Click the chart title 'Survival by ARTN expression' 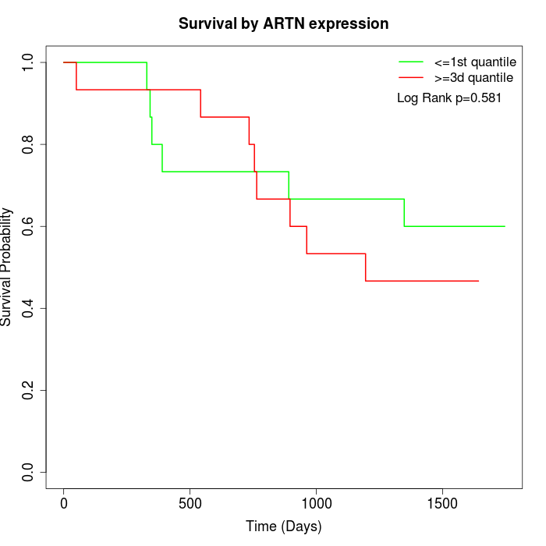[x=283, y=23]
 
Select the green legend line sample [x=410, y=61]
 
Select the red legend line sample [x=410, y=77]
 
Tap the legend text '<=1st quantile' [x=475, y=61]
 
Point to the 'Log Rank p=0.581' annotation [x=448, y=98]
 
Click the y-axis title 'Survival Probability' [x=7, y=267]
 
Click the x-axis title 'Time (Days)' [x=283, y=526]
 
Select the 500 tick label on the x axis [x=190, y=504]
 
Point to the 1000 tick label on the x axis [x=317, y=504]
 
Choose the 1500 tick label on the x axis [x=443, y=504]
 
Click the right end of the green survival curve [x=505, y=226]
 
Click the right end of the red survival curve [x=478, y=281]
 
